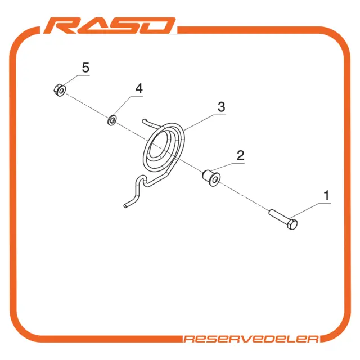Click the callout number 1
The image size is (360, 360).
[x=326, y=196]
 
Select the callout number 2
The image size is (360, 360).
[x=240, y=155]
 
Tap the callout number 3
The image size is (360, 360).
[x=221, y=107]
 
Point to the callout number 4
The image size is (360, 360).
[x=139, y=88]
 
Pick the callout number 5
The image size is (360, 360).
[x=85, y=67]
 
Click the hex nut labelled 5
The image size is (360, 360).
[x=60, y=90]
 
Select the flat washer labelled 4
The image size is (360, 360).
[x=112, y=120]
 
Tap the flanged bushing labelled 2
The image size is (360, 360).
[x=211, y=178]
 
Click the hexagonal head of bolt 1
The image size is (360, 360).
[x=292, y=224]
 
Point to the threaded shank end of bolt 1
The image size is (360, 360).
[x=271, y=212]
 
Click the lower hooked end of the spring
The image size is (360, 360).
[x=126, y=205]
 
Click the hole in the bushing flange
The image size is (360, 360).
[x=215, y=179]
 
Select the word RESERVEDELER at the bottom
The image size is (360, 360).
[x=251, y=339]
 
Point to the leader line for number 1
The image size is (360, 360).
[x=310, y=210]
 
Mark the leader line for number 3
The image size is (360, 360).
[x=204, y=122]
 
